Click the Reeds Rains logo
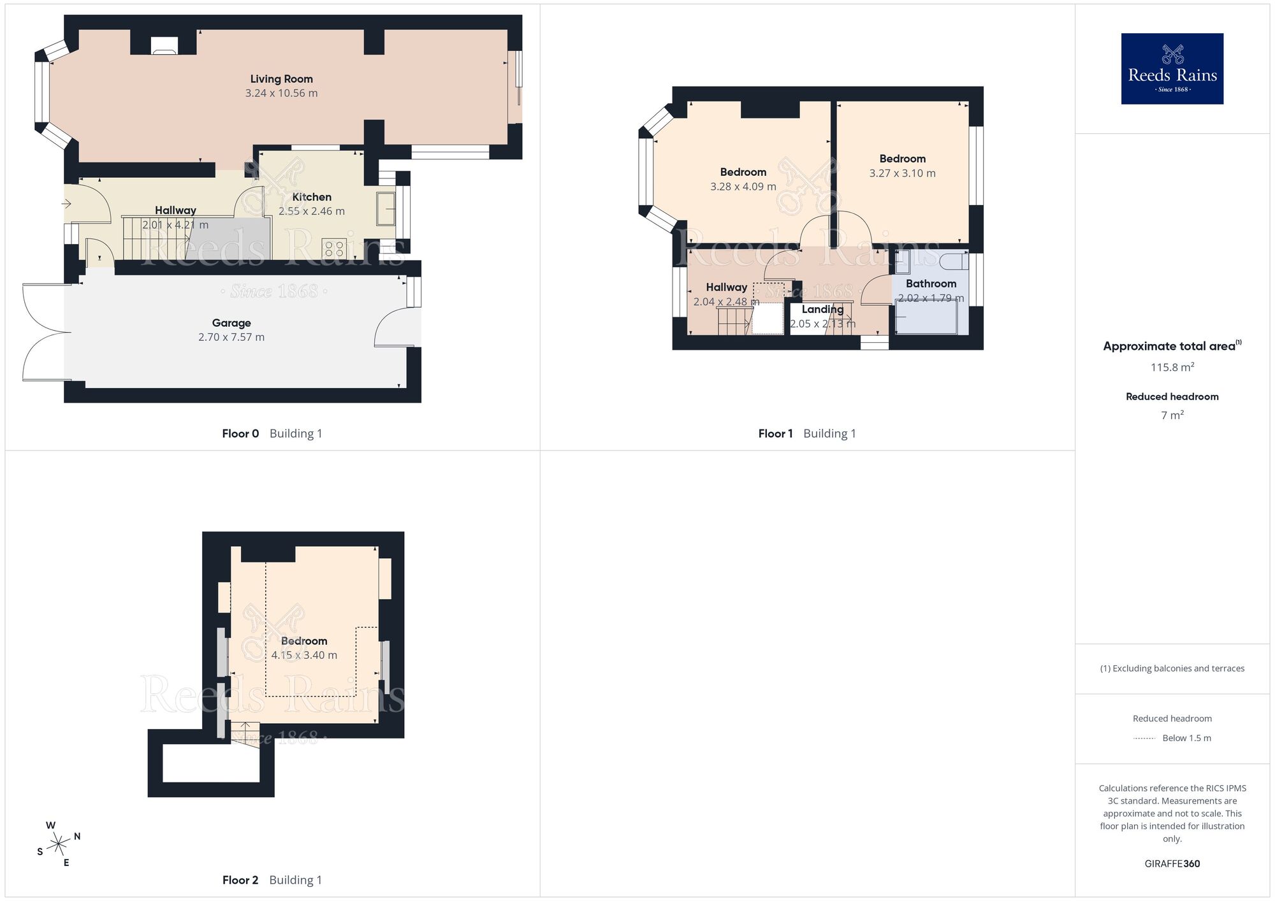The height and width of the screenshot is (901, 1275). coord(1172,69)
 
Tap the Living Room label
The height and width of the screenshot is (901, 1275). coord(281,79)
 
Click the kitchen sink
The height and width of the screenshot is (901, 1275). coord(386,208)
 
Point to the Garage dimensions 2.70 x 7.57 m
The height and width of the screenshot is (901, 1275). coord(231,337)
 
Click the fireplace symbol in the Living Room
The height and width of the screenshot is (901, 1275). coord(164,45)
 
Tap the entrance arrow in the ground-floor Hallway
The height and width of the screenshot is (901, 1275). coord(66,204)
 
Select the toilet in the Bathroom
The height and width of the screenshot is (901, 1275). coord(954,261)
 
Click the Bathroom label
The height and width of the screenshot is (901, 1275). coord(931,284)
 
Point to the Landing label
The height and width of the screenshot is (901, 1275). coord(822,309)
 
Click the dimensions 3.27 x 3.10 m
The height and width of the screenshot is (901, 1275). coord(902,173)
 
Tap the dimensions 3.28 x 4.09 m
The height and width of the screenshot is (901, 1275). coord(743,187)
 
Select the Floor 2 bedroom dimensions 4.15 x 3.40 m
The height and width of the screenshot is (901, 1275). coord(304,655)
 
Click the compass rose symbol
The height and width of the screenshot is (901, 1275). coord(59,845)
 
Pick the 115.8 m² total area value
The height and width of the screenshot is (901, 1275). coord(1172,367)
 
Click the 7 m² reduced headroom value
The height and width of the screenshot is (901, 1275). coord(1172,415)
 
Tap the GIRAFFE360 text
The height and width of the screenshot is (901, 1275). coord(1172,864)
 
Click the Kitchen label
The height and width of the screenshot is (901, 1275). coord(312,197)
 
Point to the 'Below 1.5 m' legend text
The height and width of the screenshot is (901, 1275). coord(1186,738)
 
